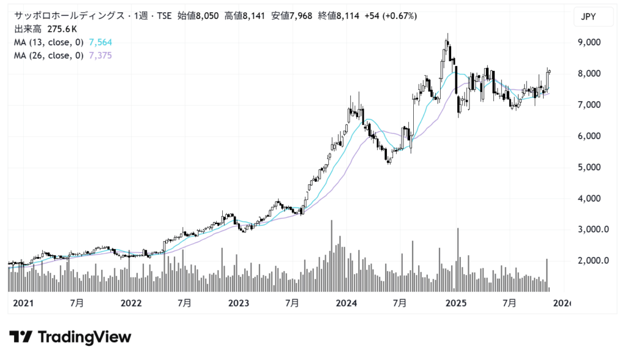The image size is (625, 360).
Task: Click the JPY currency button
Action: [x=593, y=18]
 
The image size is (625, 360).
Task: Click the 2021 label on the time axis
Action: [x=23, y=303]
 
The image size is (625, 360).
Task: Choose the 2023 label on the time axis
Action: [x=239, y=303]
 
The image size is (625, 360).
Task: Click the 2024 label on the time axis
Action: [x=347, y=303]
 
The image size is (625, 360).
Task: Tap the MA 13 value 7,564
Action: [x=101, y=42]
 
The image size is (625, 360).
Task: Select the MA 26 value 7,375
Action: [x=101, y=56]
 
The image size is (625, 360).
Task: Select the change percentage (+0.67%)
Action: [x=399, y=16]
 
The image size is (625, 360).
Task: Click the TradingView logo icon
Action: [x=20, y=337]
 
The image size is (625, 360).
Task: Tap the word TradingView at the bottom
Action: [x=84, y=337]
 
